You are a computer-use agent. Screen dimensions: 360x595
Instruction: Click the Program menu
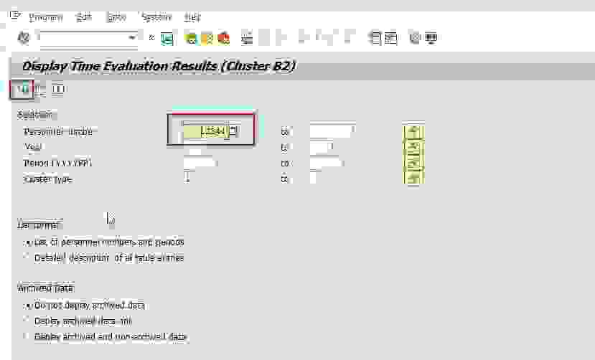tap(46, 16)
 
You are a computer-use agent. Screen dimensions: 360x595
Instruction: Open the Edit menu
tap(83, 16)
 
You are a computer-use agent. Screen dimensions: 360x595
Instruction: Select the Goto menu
tap(116, 16)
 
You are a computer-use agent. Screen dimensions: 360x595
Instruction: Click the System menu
tap(156, 16)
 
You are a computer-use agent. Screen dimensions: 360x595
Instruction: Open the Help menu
tap(192, 16)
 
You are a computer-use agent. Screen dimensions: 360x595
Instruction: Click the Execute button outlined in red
tap(23, 90)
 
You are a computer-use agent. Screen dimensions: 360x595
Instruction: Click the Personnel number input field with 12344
tap(205, 131)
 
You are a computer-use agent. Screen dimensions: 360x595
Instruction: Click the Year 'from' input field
tap(195, 148)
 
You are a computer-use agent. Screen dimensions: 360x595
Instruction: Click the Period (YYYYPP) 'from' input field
tap(200, 164)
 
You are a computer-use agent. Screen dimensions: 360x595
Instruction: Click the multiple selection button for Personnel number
tap(414, 131)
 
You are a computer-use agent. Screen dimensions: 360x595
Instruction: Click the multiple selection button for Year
tap(414, 148)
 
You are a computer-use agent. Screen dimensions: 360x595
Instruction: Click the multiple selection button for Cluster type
tap(414, 179)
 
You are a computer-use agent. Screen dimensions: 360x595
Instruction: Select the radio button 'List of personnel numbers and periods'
tap(28, 242)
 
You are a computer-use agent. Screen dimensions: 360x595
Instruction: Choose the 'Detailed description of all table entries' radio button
tap(28, 257)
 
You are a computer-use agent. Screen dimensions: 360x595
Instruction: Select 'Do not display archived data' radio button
tap(28, 305)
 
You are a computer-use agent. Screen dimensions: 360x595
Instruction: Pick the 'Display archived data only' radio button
tap(28, 321)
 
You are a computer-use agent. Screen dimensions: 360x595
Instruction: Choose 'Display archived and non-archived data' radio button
tap(28, 336)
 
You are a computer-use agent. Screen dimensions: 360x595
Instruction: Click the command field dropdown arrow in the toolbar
tap(132, 37)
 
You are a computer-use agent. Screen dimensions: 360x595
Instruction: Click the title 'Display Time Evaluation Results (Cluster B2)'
tap(159, 67)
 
